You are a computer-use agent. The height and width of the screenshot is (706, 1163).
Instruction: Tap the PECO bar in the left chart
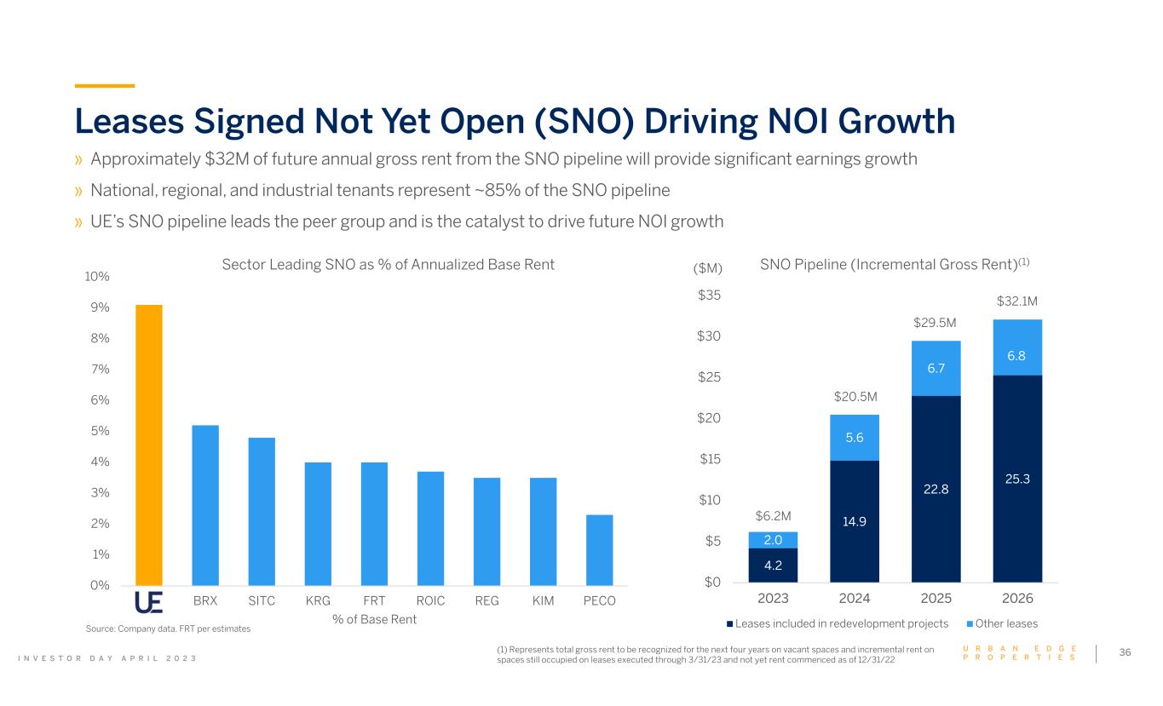tap(599, 549)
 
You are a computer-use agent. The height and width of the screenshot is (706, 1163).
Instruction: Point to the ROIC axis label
tap(430, 601)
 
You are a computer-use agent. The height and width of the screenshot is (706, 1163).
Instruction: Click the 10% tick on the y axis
tap(97, 277)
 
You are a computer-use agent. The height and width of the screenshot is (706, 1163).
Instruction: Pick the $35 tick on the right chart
tap(709, 296)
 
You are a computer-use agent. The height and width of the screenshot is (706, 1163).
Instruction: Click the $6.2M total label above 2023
tap(773, 516)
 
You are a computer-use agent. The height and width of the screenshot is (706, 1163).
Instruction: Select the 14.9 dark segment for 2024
tap(855, 521)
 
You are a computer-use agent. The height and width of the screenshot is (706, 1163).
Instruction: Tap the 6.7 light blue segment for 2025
tap(936, 369)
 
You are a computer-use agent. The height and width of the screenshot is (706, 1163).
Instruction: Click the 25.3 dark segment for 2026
tap(1017, 479)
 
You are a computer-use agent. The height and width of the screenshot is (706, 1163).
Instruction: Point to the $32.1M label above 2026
tap(1017, 301)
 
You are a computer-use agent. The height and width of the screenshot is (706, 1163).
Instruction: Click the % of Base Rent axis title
tap(374, 619)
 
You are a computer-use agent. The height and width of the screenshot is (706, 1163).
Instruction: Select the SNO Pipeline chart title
tap(895, 265)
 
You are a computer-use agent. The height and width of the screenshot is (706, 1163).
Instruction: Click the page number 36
tap(1125, 652)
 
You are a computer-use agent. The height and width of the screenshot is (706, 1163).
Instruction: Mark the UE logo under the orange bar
tap(149, 601)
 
